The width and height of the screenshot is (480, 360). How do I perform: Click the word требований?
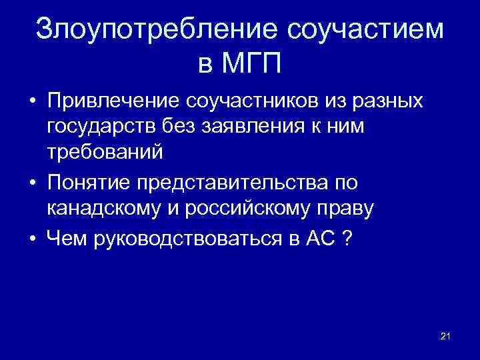click(x=105, y=151)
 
